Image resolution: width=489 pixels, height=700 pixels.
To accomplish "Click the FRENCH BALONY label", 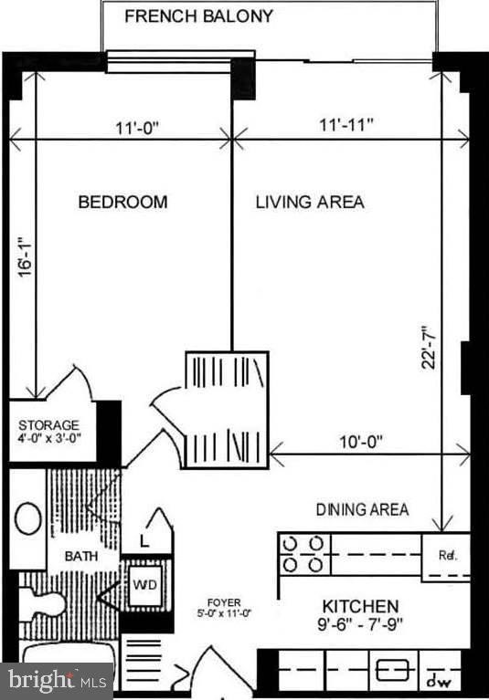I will (197, 16).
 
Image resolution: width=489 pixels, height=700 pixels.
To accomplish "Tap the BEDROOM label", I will (122, 202).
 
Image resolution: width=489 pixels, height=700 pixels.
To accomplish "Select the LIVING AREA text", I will (309, 202).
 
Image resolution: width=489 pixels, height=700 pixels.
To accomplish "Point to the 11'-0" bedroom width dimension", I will (138, 129).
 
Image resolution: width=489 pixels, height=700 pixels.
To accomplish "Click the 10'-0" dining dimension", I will (354, 441).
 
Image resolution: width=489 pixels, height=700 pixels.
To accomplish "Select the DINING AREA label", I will (362, 509).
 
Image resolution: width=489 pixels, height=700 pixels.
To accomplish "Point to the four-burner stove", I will (303, 554).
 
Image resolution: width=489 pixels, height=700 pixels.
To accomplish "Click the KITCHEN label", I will (360, 606).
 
